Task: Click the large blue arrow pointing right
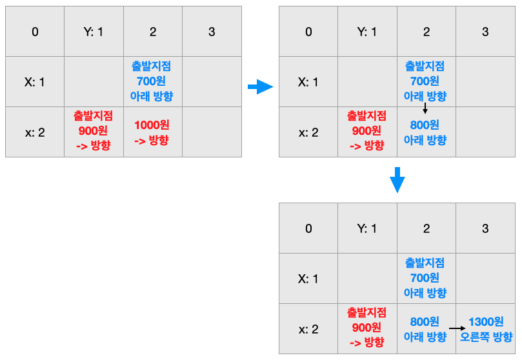coord(261,86)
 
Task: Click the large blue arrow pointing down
coord(397,180)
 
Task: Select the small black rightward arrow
coord(457,328)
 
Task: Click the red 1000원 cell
coord(152,132)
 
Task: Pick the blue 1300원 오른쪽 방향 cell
coord(485,329)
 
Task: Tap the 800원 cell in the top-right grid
coord(425,132)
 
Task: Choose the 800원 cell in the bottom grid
coord(425,329)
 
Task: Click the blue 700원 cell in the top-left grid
coord(152,82)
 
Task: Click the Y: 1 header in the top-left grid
coord(94,32)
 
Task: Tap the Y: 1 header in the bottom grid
coord(366,228)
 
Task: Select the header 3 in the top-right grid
coord(485,32)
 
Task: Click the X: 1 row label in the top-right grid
coord(308,82)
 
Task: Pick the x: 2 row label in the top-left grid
coord(35,132)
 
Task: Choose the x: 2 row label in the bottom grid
coord(308,329)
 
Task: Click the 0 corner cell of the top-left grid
coord(35,32)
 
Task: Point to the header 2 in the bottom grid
coord(426,228)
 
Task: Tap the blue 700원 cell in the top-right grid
coord(425,82)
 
